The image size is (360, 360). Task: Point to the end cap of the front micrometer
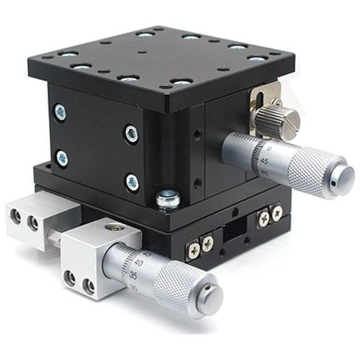click(210, 297)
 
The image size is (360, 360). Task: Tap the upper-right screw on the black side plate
click(131, 133)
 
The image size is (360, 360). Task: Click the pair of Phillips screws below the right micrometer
click(269, 214)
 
